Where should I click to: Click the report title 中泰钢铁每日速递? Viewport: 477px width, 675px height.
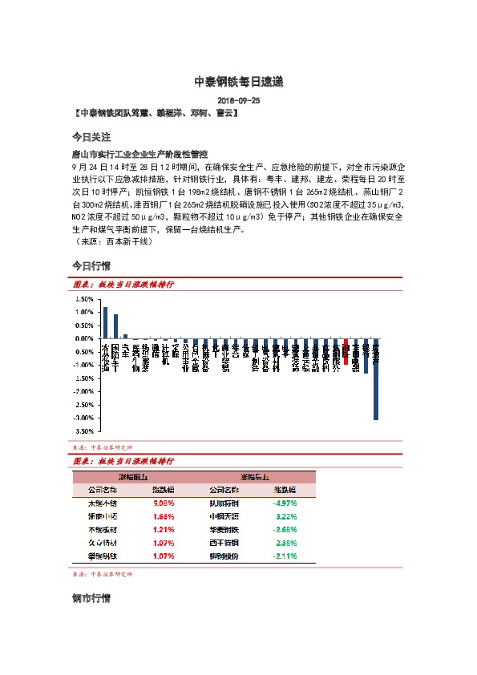[x=238, y=83]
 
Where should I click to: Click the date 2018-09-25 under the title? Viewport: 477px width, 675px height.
[x=238, y=101]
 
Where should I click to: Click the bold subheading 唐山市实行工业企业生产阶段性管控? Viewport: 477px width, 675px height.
[x=139, y=153]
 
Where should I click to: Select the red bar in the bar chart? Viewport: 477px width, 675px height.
[x=346, y=352]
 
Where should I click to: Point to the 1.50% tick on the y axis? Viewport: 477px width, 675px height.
[x=84, y=299]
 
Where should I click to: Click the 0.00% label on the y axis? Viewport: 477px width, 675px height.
[x=84, y=338]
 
